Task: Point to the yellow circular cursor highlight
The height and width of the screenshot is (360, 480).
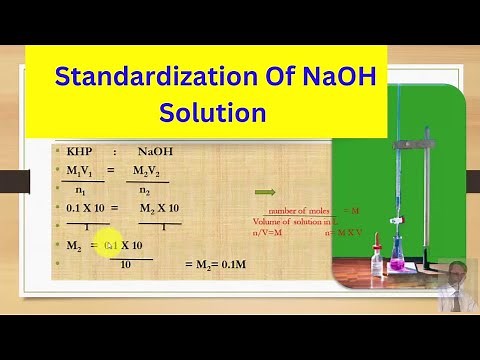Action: click(110, 245)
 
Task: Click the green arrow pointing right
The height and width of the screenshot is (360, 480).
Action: click(266, 192)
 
